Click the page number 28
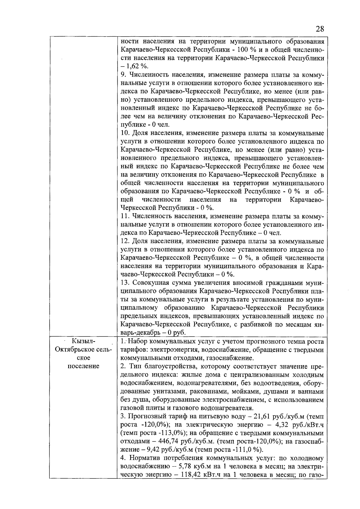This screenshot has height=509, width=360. click(x=320, y=29)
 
